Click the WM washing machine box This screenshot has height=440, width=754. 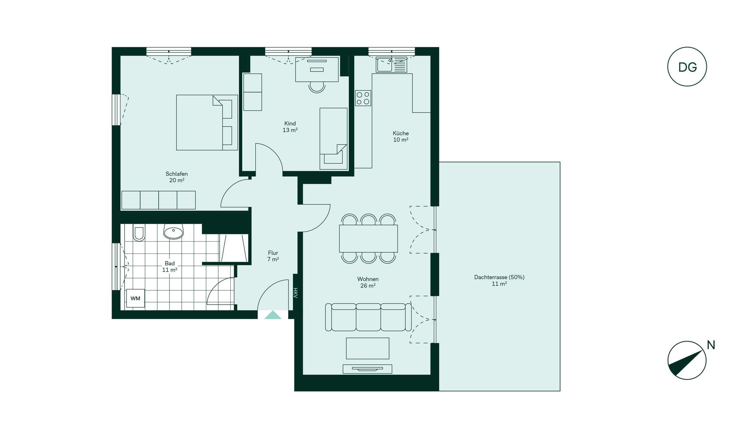(135, 299)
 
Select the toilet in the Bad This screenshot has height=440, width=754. (139, 232)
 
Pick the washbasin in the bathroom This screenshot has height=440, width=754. (174, 231)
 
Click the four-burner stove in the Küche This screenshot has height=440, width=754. (363, 98)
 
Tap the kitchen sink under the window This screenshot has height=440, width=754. (391, 65)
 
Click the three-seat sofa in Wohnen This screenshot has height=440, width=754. (368, 317)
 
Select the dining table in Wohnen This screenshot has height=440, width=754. (368, 239)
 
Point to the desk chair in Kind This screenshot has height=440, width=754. (317, 87)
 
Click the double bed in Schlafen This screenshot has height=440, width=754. (207, 123)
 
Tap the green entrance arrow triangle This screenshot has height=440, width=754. (273, 315)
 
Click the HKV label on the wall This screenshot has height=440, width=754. (296, 293)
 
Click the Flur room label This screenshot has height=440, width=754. (273, 256)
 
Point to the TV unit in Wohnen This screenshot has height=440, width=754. (367, 369)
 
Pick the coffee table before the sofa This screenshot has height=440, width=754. (368, 348)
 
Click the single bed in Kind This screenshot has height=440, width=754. (334, 139)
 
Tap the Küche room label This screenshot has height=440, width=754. (401, 136)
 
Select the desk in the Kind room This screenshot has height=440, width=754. (317, 69)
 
